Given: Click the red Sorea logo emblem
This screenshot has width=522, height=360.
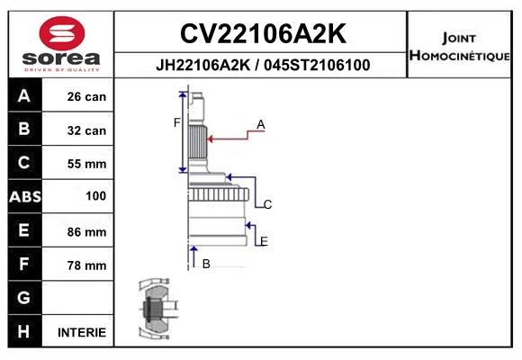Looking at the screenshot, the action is click(62, 33).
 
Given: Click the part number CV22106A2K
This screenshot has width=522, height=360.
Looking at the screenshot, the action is click(263, 33).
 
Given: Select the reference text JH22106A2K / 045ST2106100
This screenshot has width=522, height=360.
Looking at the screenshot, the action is click(263, 65).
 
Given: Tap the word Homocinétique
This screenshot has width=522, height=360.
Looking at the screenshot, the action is click(459, 55).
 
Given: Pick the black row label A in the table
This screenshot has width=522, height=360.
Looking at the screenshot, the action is click(24, 96).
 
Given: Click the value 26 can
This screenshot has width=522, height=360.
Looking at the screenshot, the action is click(86, 96).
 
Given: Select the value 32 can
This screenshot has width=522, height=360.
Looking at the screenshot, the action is click(86, 130).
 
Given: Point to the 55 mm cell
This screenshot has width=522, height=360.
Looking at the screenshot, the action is click(86, 164).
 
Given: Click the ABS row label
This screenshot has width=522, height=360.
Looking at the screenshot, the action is click(25, 197).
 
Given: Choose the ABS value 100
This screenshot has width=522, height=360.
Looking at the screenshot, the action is click(96, 196).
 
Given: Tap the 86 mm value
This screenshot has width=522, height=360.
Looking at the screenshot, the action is click(86, 232).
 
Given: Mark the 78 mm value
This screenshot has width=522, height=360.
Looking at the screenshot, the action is click(86, 265).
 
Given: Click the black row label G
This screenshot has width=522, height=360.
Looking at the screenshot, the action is click(23, 297).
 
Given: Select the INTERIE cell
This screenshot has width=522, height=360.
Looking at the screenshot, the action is click(82, 332).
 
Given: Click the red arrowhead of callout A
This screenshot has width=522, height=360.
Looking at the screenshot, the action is click(210, 139).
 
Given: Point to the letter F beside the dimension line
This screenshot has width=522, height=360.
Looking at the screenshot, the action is click(176, 123).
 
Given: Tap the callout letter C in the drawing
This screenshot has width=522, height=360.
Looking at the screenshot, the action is click(267, 204).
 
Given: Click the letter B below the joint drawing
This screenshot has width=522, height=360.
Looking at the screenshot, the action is click(206, 264).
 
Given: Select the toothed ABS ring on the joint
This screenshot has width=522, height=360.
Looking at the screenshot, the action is click(219, 194).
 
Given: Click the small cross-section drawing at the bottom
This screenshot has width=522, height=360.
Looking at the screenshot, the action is click(158, 309).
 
